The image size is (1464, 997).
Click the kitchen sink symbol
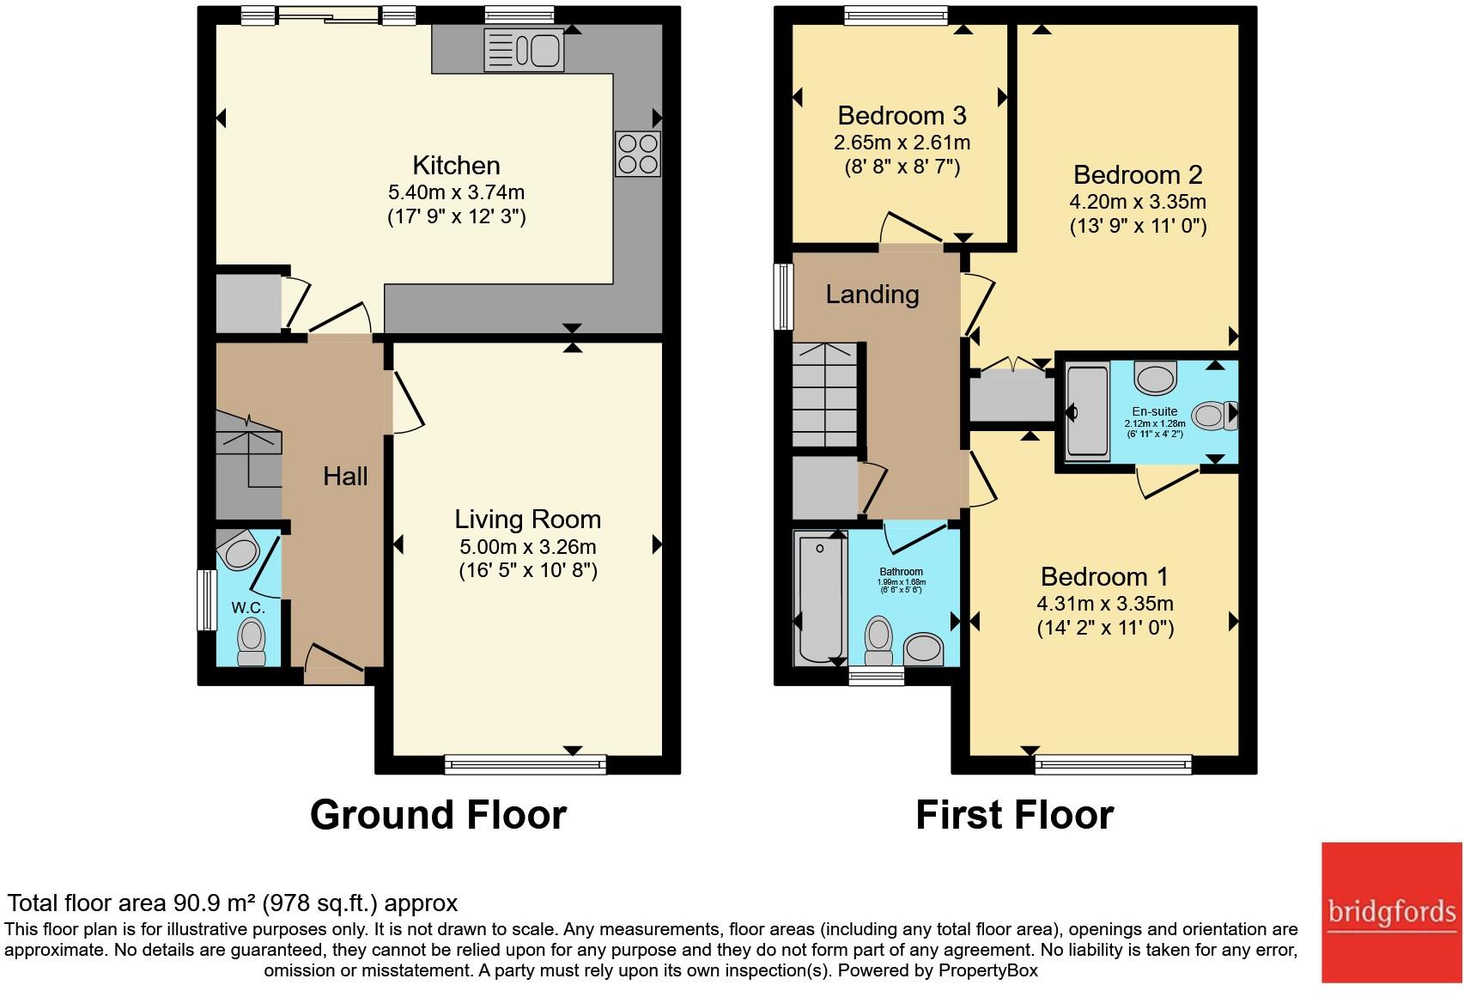[x=524, y=49]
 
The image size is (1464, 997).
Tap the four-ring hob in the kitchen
[x=637, y=154]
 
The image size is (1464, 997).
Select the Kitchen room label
[x=456, y=165]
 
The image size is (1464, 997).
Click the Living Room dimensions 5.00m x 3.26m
[x=527, y=546]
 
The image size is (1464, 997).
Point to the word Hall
[x=345, y=476]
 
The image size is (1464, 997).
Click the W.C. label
[x=247, y=607]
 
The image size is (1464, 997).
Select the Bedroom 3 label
[x=902, y=115]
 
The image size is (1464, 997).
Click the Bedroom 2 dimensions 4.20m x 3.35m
[x=1137, y=202]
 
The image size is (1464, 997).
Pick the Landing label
[x=872, y=295]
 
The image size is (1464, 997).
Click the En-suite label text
[x=1154, y=411]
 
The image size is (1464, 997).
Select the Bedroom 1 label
[x=1104, y=576]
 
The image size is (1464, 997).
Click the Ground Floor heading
[x=438, y=814]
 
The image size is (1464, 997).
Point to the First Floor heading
[x=1014, y=814]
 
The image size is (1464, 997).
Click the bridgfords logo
[x=1390, y=912]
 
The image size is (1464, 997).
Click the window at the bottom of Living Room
[x=525, y=764]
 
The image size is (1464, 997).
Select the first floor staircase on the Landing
[x=824, y=395]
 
